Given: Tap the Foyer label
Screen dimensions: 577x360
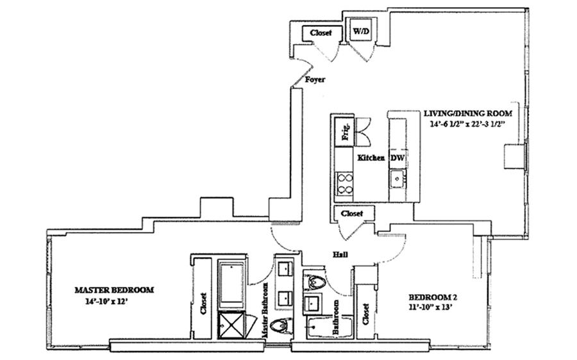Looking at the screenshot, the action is (315, 80).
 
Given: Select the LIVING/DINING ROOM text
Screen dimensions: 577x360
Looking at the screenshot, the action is (467, 113).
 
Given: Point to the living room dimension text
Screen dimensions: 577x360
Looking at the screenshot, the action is (467, 125).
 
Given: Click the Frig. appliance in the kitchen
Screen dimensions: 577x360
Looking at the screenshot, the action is (345, 132).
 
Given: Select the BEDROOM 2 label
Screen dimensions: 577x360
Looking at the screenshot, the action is (433, 297).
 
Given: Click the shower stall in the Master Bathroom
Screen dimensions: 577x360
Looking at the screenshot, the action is (229, 324).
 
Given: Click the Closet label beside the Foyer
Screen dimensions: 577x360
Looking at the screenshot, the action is (321, 33).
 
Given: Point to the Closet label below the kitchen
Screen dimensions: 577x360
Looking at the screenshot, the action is (351, 213).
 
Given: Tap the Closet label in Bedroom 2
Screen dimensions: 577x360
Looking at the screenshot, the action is (366, 314).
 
